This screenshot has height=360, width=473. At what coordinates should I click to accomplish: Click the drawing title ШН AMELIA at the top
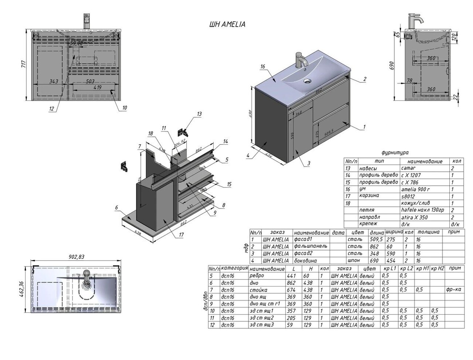pyautogui.click(x=227, y=24)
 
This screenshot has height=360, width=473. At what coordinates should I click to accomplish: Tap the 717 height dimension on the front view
pyautogui.click(x=23, y=65)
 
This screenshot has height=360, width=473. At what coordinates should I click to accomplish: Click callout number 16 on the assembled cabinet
pyautogui.click(x=263, y=66)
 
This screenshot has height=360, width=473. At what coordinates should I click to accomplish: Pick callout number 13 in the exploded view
pyautogui.click(x=199, y=114)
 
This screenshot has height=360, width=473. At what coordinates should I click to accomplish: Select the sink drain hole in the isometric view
pyautogui.click(x=307, y=80)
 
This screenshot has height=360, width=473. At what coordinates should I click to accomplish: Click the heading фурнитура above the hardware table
pyautogui.click(x=395, y=152)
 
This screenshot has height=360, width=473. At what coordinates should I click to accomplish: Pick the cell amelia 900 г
pyautogui.click(x=416, y=189)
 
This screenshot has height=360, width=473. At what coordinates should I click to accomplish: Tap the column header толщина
pyautogui.click(x=428, y=232)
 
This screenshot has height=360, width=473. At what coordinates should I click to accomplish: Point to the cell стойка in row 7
pyautogui.click(x=258, y=290)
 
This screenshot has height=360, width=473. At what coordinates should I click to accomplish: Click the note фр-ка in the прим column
pyautogui.click(x=453, y=290)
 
